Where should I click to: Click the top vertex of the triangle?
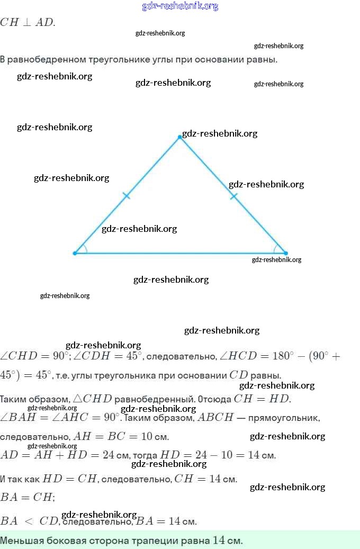click(180, 137)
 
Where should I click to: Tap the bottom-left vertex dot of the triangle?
click(75, 253)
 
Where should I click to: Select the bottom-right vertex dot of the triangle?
click(286, 253)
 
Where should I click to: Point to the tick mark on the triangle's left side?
click(126, 196)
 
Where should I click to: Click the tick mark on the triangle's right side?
click(233, 196)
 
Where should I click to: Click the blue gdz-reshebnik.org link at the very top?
click(180, 6)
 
